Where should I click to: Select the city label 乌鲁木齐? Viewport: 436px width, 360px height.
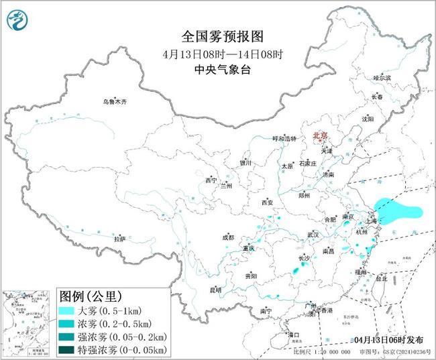click(115, 102)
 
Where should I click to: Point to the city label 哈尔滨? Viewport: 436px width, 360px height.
click(382, 78)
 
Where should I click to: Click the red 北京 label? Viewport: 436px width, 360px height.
click(319, 136)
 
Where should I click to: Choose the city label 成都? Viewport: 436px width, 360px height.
click(228, 237)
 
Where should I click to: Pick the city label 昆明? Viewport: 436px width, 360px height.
click(215, 290)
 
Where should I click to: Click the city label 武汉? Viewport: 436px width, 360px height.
click(313, 235)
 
